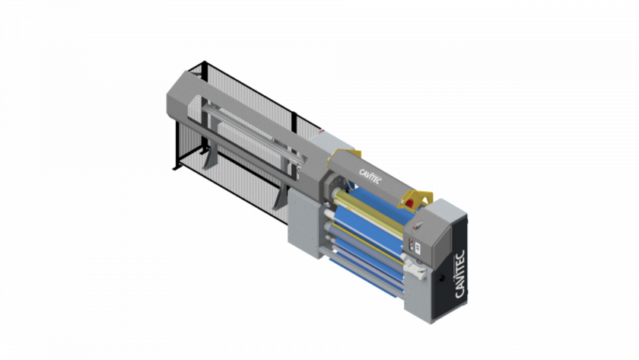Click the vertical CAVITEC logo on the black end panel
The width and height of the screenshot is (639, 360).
459,274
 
